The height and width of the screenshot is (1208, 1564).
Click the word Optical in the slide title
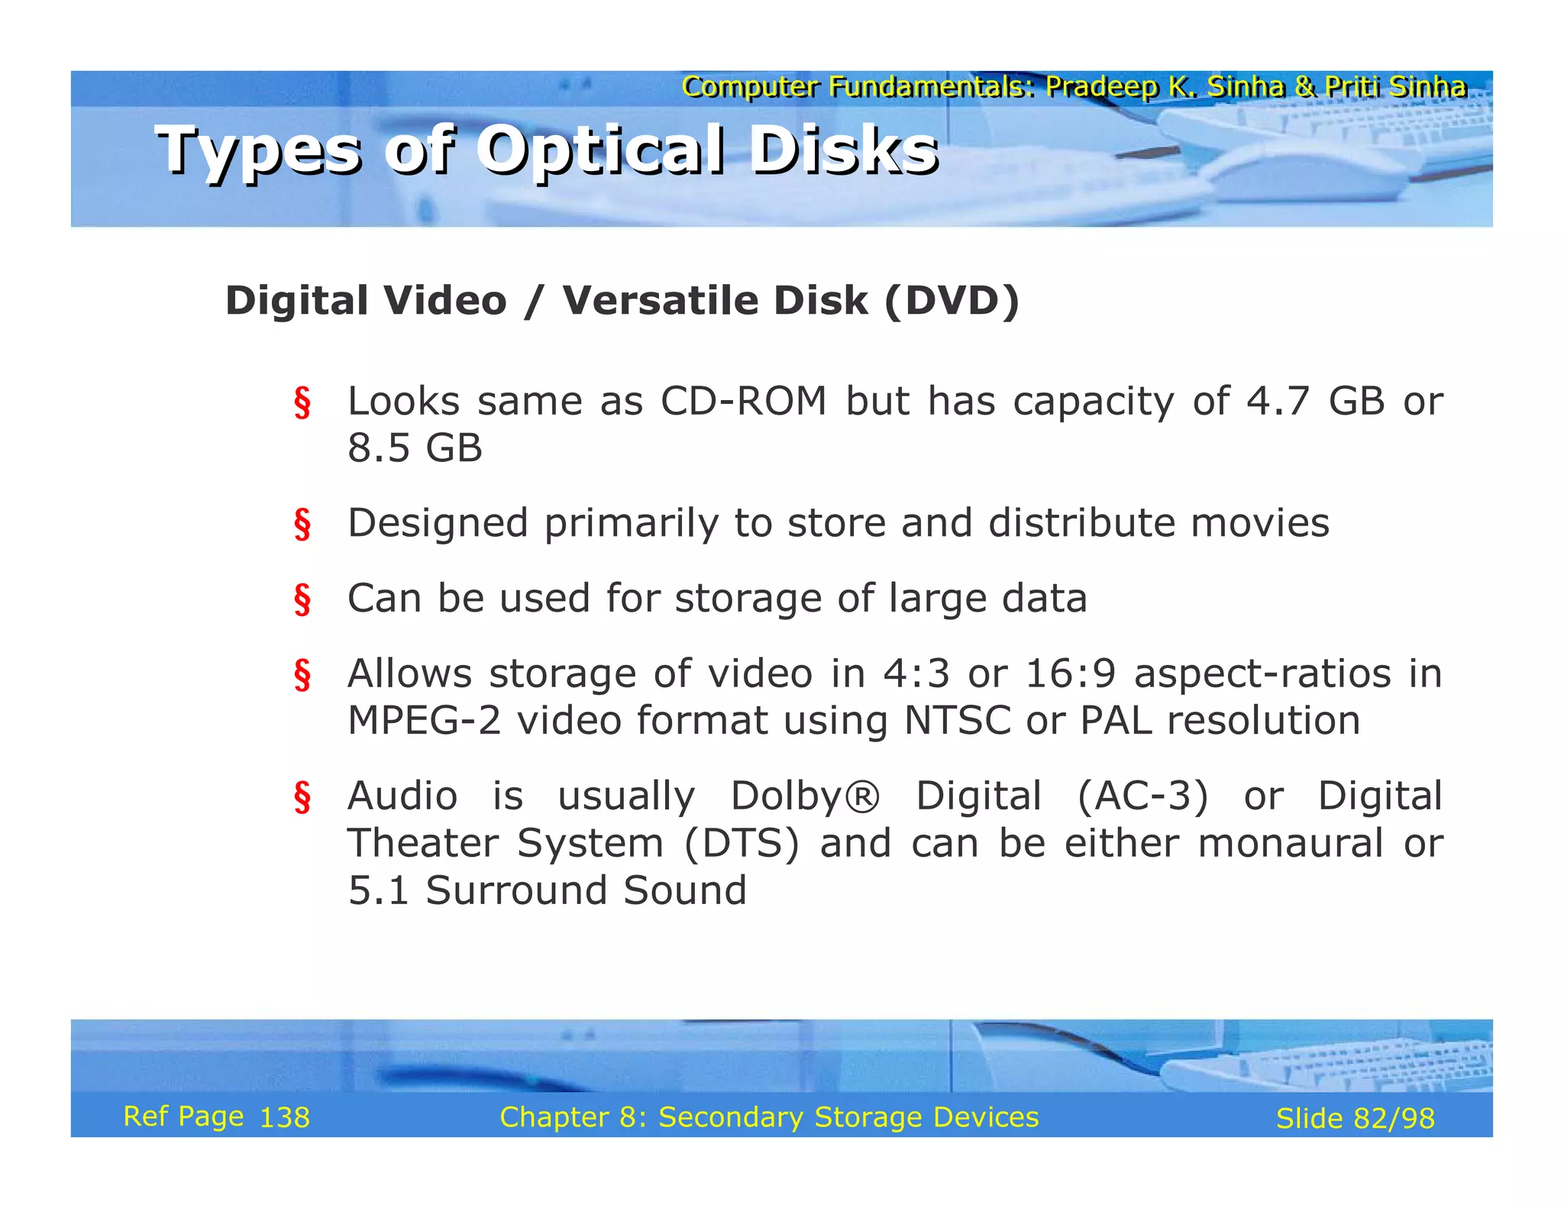[601, 151]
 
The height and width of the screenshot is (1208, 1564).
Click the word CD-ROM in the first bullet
[743, 401]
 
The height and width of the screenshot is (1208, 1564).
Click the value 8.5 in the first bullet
[379, 448]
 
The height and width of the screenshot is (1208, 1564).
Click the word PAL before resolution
[1115, 721]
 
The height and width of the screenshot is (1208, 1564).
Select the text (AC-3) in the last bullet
[1142, 796]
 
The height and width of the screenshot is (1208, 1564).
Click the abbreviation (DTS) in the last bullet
[742, 844]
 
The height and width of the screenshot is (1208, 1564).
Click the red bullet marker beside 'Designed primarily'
[302, 525]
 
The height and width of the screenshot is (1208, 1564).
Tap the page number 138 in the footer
[285, 1118]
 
